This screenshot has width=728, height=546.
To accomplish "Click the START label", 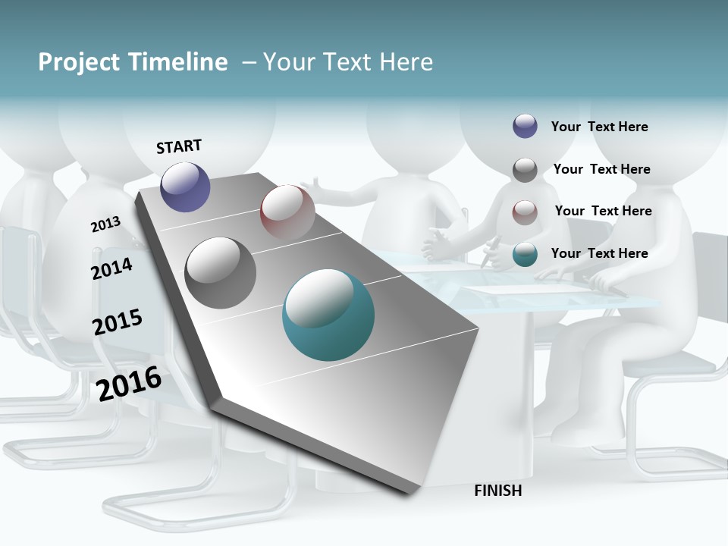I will [179, 146].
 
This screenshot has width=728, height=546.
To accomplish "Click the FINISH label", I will [498, 491].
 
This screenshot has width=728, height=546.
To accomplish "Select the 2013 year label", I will [105, 224].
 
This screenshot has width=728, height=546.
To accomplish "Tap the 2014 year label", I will [111, 268].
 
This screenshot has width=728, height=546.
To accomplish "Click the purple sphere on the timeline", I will [185, 187].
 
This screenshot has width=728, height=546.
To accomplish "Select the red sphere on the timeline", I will [287, 212].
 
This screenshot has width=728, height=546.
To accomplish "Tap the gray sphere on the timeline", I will [221, 273].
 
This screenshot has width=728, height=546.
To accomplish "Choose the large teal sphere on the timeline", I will [328, 315].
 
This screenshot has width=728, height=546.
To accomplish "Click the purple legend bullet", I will [525, 126].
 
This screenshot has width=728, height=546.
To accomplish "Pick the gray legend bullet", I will [525, 170].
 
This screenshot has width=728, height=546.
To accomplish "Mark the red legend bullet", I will [525, 212].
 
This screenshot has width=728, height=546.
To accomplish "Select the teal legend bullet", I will [525, 254].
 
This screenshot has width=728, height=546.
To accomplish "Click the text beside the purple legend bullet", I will [599, 127].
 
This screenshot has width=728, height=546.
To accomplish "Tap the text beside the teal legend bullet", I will [599, 253].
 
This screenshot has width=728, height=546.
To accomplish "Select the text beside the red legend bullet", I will [603, 211].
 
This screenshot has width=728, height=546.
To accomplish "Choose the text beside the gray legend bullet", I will [601, 169].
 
